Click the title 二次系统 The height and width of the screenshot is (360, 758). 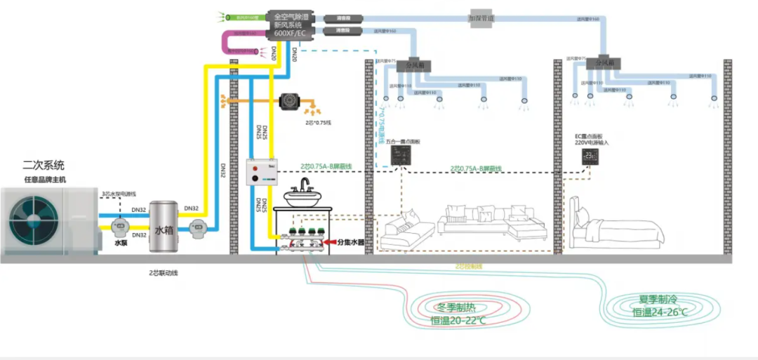click(44, 166)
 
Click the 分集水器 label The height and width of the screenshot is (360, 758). click(352, 242)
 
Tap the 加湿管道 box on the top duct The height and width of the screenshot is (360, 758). click(482, 17)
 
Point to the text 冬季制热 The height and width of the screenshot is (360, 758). click(458, 307)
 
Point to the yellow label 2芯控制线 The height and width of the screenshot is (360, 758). click(469, 267)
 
